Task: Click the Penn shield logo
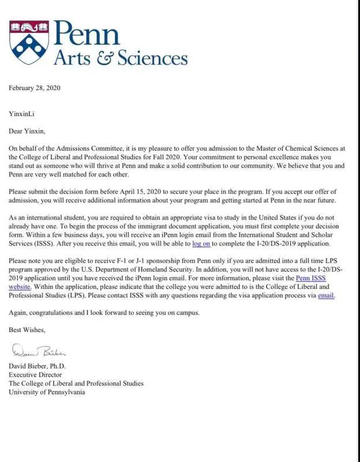point(29,43)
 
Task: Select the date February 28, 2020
point(35,88)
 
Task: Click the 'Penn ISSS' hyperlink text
point(310,278)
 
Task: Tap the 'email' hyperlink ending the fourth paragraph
point(326,295)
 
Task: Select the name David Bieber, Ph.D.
point(37,366)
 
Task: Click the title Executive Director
point(34,375)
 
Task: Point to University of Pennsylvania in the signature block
point(47,392)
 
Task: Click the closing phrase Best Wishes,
point(27,330)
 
